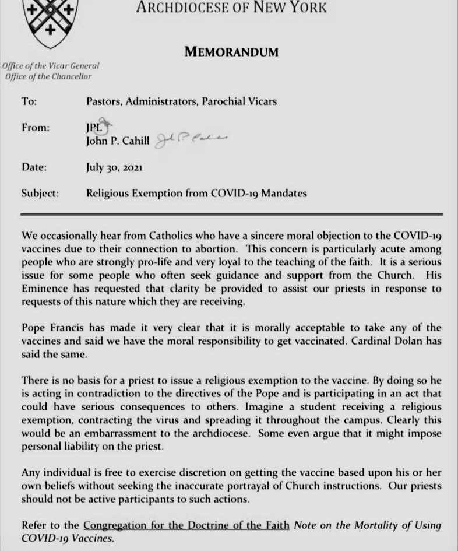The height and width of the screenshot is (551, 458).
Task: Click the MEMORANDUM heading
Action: (x=231, y=52)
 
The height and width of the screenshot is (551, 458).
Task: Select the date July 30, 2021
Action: (x=114, y=167)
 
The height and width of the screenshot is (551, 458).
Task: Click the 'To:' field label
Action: (x=29, y=101)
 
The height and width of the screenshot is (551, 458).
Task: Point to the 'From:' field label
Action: (x=35, y=128)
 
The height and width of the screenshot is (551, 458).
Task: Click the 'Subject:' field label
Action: (x=40, y=194)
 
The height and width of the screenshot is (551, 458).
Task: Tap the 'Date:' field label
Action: (x=34, y=167)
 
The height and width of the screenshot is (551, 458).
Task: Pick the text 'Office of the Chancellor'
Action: (x=48, y=76)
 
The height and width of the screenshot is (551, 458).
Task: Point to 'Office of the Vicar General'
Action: (x=51, y=66)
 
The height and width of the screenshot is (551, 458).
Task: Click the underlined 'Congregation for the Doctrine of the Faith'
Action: (x=186, y=525)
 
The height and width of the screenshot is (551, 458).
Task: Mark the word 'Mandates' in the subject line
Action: (x=286, y=194)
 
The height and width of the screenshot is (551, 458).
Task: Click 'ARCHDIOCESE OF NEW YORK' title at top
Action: (x=231, y=8)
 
